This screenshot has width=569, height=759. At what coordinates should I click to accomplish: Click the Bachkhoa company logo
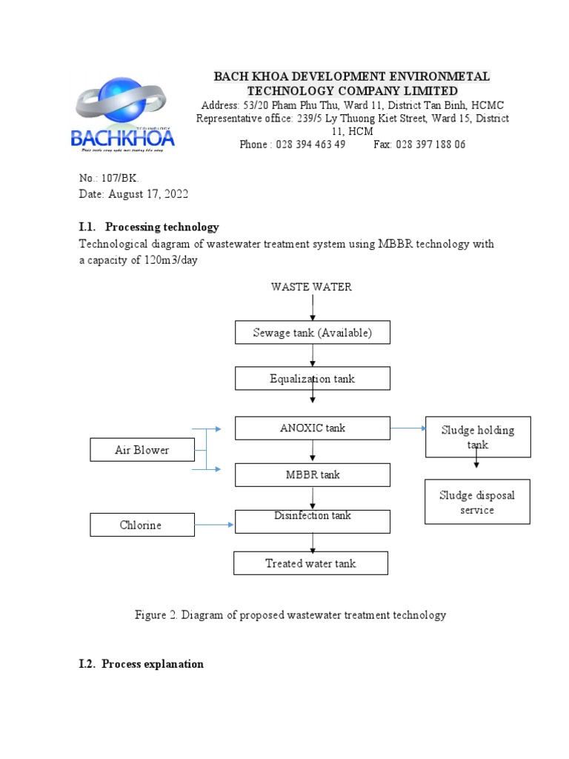pyautogui.click(x=123, y=115)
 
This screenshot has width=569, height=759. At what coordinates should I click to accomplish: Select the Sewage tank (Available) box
pyautogui.click(x=313, y=333)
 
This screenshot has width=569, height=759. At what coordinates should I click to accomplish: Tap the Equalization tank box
pyautogui.click(x=313, y=379)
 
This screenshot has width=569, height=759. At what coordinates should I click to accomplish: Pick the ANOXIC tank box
pyautogui.click(x=313, y=428)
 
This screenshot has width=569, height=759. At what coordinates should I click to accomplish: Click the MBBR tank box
pyautogui.click(x=313, y=474)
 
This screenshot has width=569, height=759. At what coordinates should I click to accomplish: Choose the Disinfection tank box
pyautogui.click(x=313, y=521)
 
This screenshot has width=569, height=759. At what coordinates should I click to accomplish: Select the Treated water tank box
pyautogui.click(x=310, y=563)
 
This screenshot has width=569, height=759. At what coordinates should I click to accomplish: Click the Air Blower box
pyautogui.click(x=142, y=450)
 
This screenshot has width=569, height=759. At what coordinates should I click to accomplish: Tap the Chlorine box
pyautogui.click(x=142, y=525)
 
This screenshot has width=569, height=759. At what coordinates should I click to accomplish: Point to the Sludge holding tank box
pyautogui.click(x=477, y=437)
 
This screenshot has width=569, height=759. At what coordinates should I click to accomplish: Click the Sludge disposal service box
pyautogui.click(x=477, y=502)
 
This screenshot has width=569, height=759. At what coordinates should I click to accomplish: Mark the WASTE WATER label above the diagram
pyautogui.click(x=311, y=287)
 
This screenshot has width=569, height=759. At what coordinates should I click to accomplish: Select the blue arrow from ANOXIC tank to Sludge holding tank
pyautogui.click(x=407, y=428)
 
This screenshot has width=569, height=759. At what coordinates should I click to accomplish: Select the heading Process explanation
pyautogui.click(x=153, y=664)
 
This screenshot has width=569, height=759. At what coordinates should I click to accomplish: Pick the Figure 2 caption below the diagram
pyautogui.click(x=290, y=614)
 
